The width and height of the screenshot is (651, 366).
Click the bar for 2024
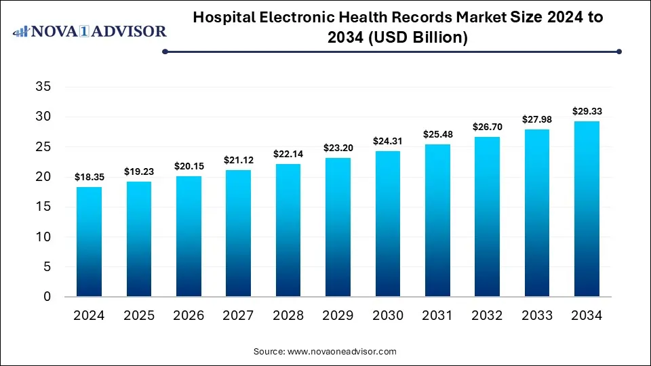(89, 242)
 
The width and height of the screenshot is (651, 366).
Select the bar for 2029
(338, 227)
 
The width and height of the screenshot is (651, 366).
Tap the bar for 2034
(587, 209)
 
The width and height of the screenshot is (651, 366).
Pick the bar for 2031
(437, 220)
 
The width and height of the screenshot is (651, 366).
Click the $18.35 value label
(89, 177)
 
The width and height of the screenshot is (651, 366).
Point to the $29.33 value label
(587, 111)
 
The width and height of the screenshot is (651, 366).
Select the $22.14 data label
(288, 154)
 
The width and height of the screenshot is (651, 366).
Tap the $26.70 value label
(487, 127)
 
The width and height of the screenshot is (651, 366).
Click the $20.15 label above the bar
(189, 166)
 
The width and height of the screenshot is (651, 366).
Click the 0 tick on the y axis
(46, 297)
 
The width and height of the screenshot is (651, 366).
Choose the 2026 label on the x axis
(189, 315)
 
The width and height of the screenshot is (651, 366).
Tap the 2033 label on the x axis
(536, 315)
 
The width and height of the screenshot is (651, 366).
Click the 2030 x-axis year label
(387, 315)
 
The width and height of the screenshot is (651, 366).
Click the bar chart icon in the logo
(22, 31)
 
